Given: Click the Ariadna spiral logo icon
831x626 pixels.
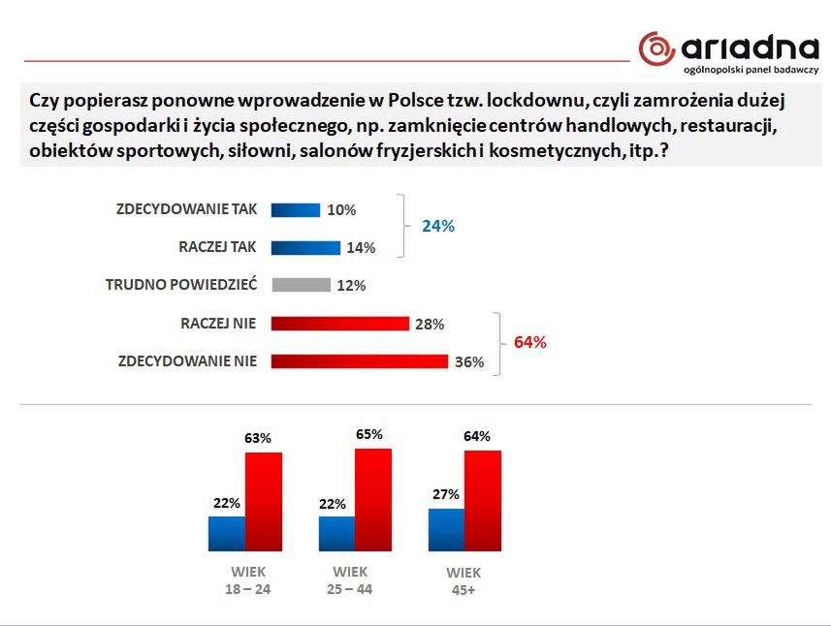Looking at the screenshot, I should point(656,49).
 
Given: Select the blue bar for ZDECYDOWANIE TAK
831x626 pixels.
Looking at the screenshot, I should point(296,209).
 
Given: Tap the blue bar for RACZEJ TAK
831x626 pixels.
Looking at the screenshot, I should point(305,247).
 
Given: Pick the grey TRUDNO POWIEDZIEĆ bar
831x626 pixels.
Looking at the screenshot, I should point(301,285).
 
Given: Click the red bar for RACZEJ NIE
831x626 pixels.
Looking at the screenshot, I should point(340,324).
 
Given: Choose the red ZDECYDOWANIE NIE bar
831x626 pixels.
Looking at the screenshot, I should point(359,361).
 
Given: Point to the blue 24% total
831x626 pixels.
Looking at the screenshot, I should point(437,226).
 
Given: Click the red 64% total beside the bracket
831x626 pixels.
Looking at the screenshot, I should point(530,342).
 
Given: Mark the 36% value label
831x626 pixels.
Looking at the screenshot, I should point(469,362).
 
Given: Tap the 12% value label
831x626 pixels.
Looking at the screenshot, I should point(351,286).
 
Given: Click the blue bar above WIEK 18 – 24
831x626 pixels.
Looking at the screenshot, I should point(226,533).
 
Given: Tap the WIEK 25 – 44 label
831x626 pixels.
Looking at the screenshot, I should point(350,580).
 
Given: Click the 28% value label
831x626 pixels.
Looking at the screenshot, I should point(430,325).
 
